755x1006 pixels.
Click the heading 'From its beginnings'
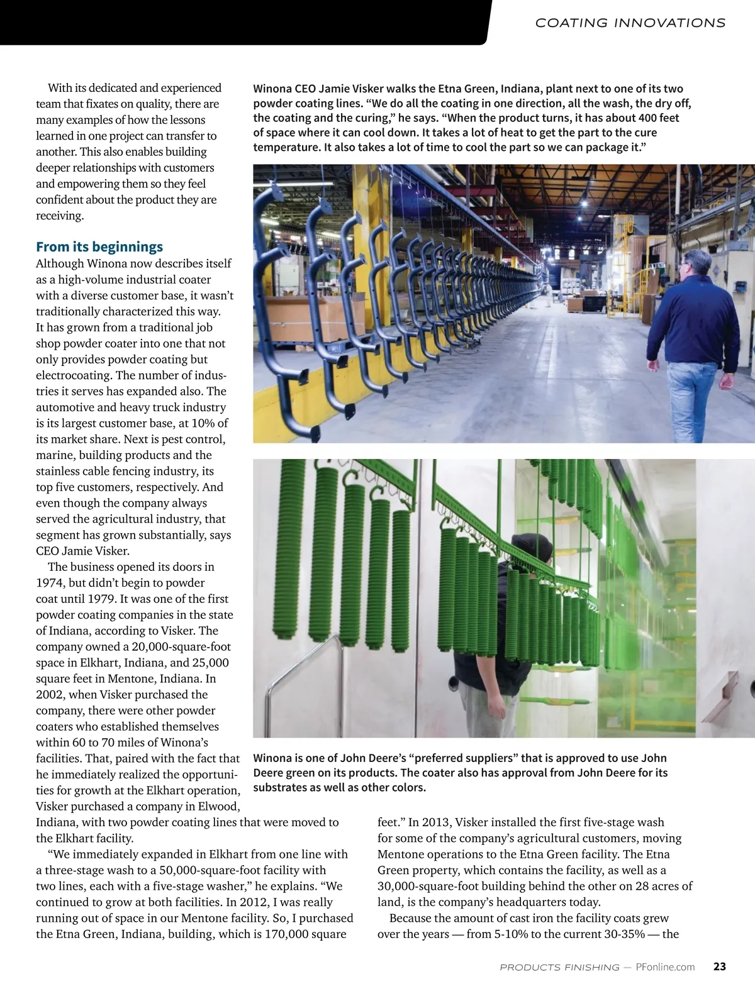click(x=99, y=246)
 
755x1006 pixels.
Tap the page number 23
click(x=720, y=966)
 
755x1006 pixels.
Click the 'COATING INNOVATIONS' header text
click(x=630, y=23)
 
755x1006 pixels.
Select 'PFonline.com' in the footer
click(x=665, y=967)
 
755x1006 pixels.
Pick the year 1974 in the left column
click(x=51, y=583)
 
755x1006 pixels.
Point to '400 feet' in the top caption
click(x=659, y=118)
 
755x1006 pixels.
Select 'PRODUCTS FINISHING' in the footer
click(x=559, y=967)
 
